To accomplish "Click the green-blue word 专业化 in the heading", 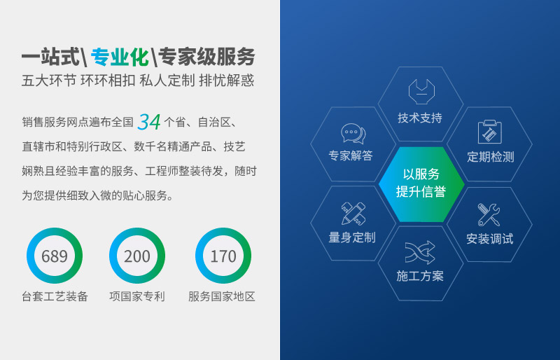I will click(120, 56).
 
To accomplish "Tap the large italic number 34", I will click(149, 122).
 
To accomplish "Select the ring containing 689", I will click(55, 256).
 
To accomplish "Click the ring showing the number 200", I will click(137, 256).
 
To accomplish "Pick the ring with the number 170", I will click(223, 256).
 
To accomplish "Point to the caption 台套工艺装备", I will click(55, 296).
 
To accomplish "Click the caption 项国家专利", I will click(137, 296).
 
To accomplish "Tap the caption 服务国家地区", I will click(222, 296).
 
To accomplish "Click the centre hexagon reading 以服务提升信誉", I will click(421, 183).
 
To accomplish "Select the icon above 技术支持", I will click(421, 91).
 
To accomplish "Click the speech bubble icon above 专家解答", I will click(353, 132).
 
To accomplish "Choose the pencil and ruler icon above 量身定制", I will click(353, 213).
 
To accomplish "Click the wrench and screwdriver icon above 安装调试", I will click(489, 214).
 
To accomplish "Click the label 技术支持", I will click(420, 118).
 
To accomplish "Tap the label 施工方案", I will click(420, 276).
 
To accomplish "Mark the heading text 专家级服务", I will click(206, 56).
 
